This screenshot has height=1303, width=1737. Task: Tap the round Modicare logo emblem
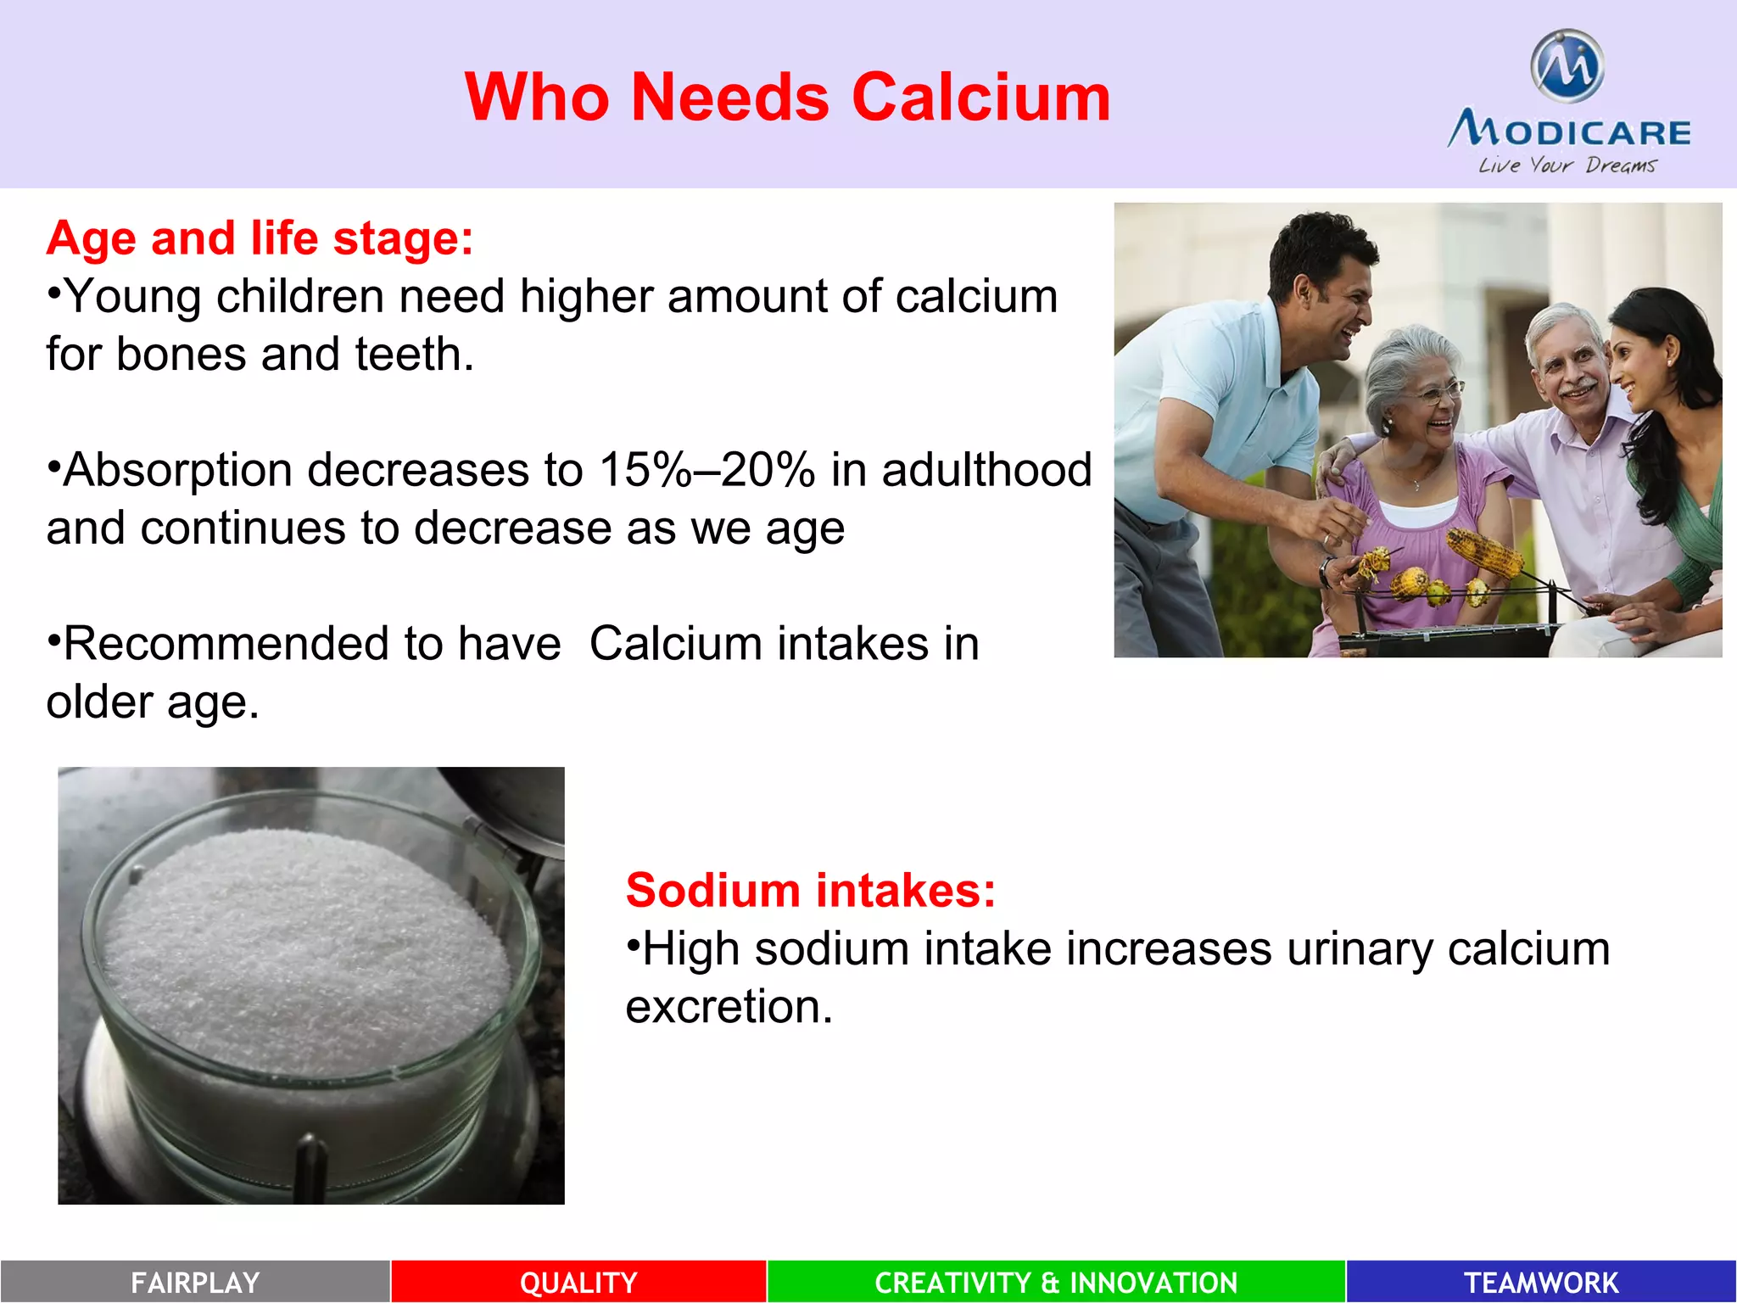coord(1567,66)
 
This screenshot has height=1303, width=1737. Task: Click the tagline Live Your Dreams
coord(1567,165)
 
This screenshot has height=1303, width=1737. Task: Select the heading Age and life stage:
coord(260,238)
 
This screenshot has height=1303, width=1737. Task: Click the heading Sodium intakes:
coord(810,890)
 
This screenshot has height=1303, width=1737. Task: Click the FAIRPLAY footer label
coord(195,1282)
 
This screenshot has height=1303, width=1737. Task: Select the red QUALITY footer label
coord(578,1282)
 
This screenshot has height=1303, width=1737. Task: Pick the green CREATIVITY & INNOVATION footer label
coord(1056,1282)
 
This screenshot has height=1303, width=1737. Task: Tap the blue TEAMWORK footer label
coord(1541,1282)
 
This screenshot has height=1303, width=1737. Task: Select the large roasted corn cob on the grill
coord(1484,551)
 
